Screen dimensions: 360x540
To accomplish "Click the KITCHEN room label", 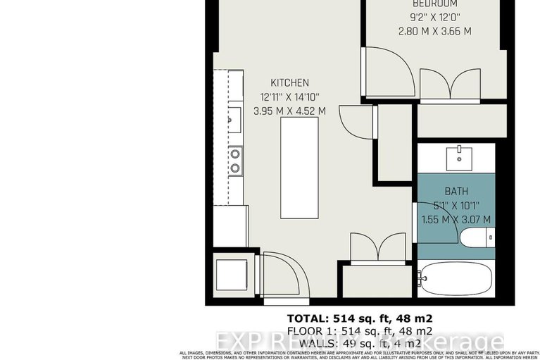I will pos(289,83).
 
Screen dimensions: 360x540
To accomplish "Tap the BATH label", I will pos(456,191).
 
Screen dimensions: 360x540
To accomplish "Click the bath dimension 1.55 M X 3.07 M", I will pos(456,219).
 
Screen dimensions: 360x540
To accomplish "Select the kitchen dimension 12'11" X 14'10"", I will pos(289,97).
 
